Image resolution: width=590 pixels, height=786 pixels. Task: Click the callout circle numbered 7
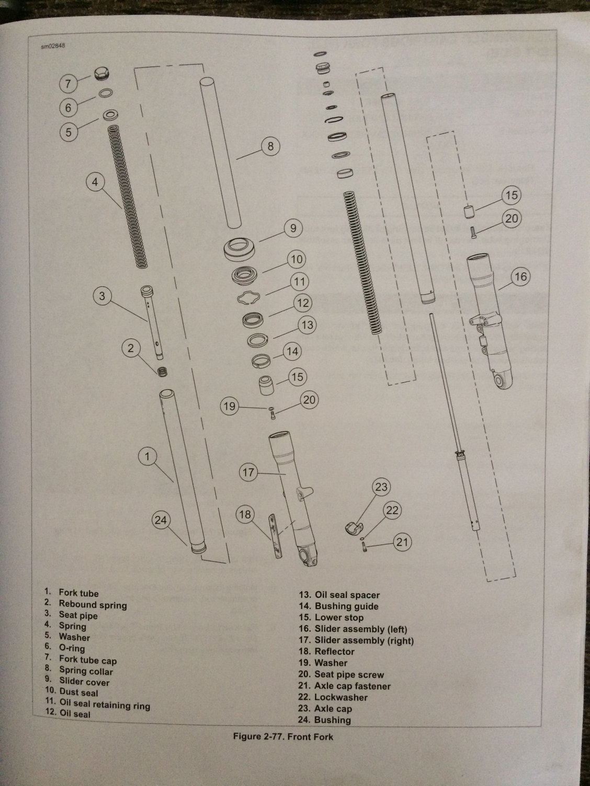(69, 83)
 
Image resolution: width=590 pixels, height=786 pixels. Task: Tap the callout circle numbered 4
(95, 182)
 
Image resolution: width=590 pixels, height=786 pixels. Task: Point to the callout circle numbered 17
(248, 472)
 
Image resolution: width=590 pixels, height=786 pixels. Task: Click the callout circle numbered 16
(521, 276)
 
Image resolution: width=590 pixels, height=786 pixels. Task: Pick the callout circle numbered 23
(382, 488)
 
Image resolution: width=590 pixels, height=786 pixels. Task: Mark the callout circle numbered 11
(299, 282)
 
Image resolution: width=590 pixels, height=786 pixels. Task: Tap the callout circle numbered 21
(401, 542)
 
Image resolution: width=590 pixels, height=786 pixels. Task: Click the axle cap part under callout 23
(354, 528)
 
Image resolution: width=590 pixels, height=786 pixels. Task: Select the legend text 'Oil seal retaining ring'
(105, 704)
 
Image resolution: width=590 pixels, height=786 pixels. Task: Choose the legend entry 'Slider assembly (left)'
(360, 629)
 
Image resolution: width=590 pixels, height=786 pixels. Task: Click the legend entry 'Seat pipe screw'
(349, 675)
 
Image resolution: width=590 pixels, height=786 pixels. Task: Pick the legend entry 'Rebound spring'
(93, 605)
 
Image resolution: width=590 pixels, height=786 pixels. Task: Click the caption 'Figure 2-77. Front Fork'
(282, 737)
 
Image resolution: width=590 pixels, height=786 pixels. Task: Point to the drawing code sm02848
(53, 45)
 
